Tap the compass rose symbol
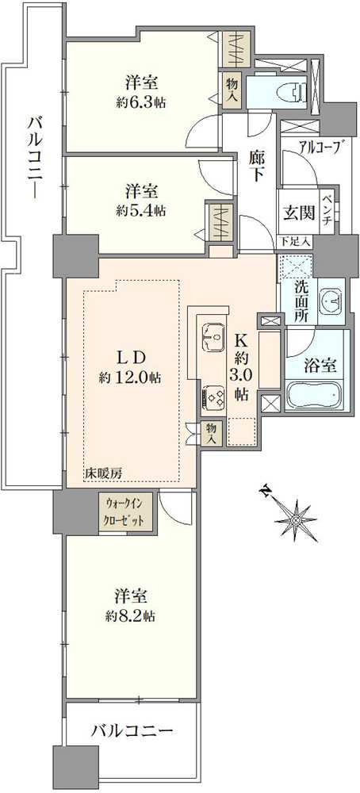coord(294,517)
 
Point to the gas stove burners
coord(214,396)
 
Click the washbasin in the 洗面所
coord(331,302)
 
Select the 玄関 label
coord(298,213)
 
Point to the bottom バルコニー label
coord(132,731)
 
